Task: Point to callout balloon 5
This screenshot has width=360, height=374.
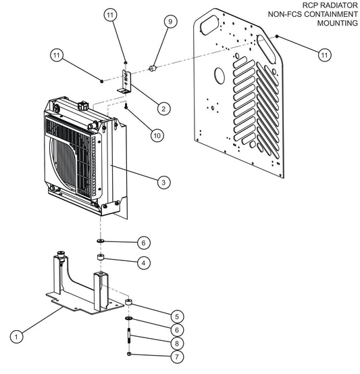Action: pyautogui.click(x=176, y=315)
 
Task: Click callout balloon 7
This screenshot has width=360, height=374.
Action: pyautogui.click(x=176, y=356)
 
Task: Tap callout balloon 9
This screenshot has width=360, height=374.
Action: pyautogui.click(x=170, y=22)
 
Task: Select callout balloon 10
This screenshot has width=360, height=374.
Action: pyautogui.click(x=157, y=135)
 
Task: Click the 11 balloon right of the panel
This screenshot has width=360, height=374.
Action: pyautogui.click(x=324, y=53)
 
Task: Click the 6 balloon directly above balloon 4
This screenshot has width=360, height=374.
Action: pyautogui.click(x=162, y=242)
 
